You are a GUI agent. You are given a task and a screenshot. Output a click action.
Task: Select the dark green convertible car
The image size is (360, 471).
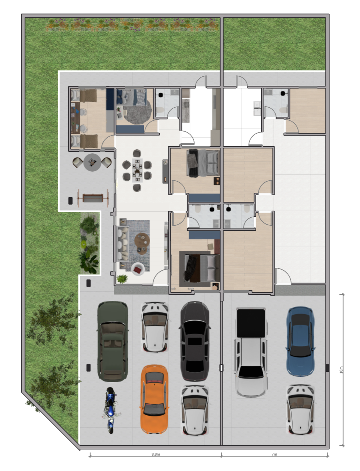point(113,341)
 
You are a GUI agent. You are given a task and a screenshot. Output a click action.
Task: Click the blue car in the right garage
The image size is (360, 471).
point(300,341)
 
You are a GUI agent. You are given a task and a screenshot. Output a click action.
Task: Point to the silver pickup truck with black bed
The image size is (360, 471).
point(251,352)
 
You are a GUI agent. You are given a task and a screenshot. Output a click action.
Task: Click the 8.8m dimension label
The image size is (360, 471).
point(156,454)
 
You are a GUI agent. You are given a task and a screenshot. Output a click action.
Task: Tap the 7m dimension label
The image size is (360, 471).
point(274,454)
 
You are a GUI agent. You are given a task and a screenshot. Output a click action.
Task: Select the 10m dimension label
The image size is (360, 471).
point(341,370)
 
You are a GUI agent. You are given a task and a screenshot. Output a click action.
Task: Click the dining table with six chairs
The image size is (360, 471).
point(137,170)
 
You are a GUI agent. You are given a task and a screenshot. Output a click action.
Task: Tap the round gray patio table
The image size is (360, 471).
point(92,162)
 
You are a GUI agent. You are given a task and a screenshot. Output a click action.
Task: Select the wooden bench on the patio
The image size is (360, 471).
point(93,198)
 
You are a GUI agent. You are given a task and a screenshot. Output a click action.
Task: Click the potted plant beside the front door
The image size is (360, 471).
point(122,279)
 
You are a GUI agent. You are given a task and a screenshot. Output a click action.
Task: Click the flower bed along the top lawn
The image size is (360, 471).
point(132,25)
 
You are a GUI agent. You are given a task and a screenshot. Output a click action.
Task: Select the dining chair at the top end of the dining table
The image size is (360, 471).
point(137,153)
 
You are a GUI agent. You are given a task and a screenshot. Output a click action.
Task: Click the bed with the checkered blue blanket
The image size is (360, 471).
point(140,97)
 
